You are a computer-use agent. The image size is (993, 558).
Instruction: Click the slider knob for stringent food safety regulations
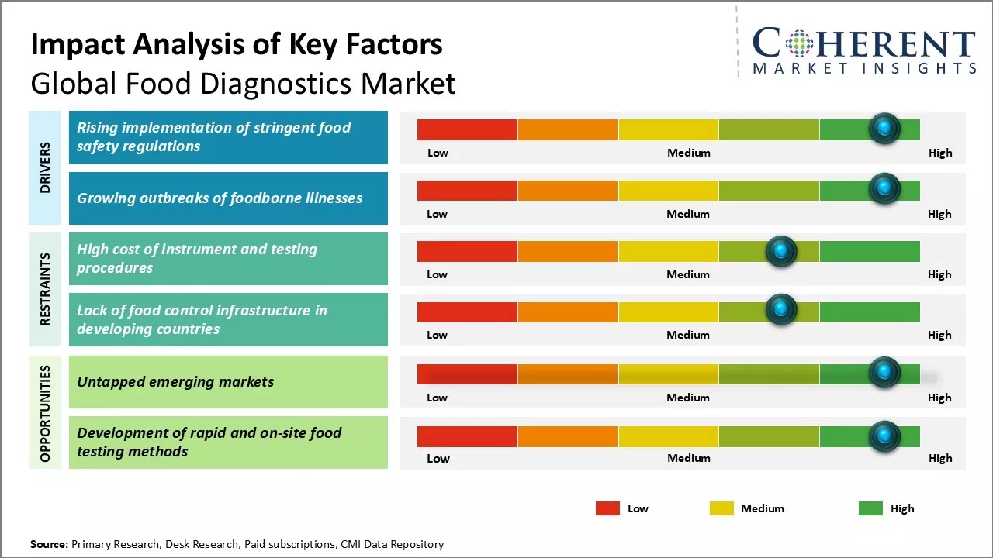click(884, 129)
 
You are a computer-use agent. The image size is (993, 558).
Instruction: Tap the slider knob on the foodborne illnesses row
click(884, 189)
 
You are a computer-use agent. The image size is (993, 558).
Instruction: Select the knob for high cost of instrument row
click(781, 251)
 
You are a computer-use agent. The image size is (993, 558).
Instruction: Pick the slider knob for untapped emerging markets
click(884, 373)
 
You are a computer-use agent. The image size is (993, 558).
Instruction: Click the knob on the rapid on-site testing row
click(884, 437)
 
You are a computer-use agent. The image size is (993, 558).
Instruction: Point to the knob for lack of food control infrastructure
click(781, 310)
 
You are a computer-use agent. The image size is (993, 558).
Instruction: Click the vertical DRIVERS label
click(46, 167)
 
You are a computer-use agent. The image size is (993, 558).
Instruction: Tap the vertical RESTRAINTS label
click(46, 288)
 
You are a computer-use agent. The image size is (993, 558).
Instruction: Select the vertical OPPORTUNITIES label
click(46, 413)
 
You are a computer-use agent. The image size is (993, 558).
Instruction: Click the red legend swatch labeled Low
click(607, 508)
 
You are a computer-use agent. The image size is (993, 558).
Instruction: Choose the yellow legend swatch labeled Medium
click(721, 508)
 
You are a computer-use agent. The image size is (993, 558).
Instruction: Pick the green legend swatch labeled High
click(870, 508)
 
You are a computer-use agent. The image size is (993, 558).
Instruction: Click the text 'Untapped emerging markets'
click(175, 381)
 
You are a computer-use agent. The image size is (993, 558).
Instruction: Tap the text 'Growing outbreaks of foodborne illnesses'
click(220, 198)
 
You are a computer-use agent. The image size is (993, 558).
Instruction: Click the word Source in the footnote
click(49, 544)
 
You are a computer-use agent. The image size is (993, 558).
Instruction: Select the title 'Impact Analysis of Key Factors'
click(237, 45)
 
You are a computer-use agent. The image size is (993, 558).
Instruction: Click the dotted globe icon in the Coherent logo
click(798, 43)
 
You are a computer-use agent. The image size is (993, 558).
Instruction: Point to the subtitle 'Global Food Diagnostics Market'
click(243, 84)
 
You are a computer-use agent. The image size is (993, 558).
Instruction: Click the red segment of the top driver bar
click(467, 129)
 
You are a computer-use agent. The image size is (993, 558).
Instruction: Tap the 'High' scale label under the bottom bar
click(939, 458)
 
